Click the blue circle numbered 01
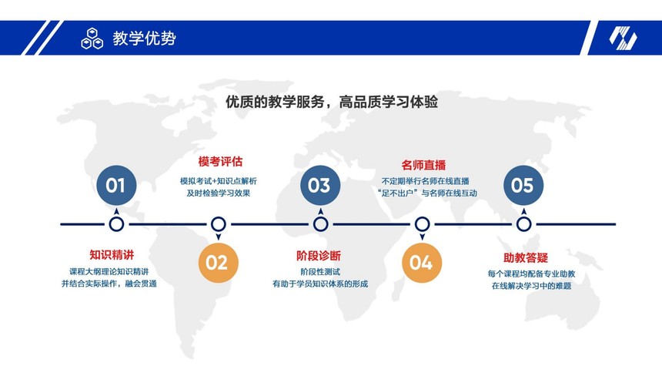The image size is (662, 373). [x=116, y=185]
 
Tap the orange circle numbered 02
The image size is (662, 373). [x=219, y=263]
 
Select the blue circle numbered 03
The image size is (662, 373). [x=320, y=185]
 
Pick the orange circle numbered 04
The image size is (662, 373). [x=422, y=263]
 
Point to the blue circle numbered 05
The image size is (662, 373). [x=523, y=185]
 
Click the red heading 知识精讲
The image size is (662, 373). [x=112, y=254]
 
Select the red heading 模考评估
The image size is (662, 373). [x=220, y=162]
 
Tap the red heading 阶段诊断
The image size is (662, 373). [x=319, y=255]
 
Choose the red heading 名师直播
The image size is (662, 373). [x=423, y=165]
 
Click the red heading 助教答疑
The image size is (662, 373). [x=525, y=257]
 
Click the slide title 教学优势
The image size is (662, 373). [x=144, y=38]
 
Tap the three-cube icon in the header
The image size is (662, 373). [x=92, y=39]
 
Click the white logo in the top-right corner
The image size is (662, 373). [x=623, y=38]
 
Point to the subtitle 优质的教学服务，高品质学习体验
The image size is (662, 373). [x=332, y=102]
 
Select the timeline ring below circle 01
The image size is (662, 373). [x=116, y=224]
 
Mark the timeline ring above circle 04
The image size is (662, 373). [x=422, y=224]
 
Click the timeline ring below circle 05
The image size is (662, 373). [x=524, y=224]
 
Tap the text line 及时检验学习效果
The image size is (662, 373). [x=219, y=193]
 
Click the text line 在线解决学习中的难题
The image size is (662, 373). [x=531, y=286]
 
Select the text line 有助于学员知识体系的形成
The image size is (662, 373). [x=320, y=284]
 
